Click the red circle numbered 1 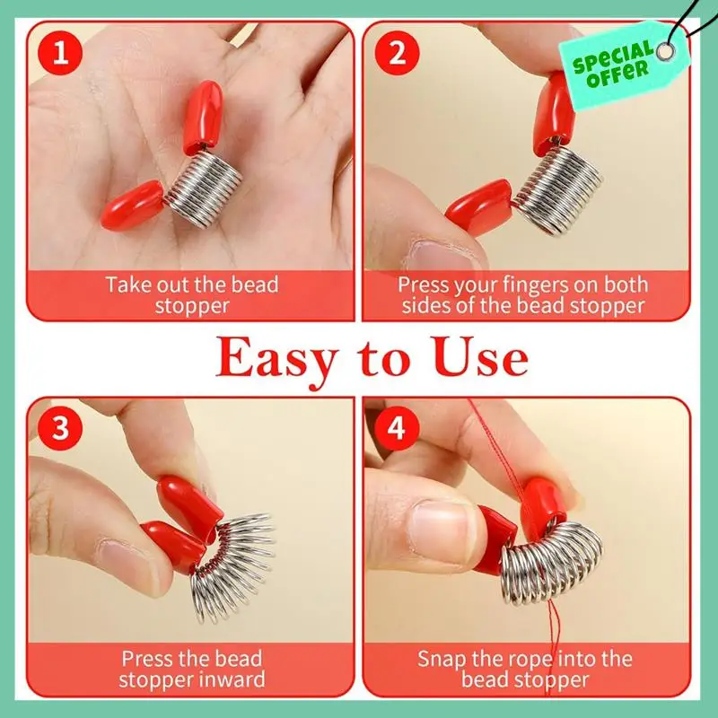(x=60, y=53)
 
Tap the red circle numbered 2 (x=397, y=53)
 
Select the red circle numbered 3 (x=60, y=428)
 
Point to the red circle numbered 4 (x=397, y=428)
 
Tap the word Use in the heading (x=479, y=357)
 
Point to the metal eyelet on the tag (x=665, y=51)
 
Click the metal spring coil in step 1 (x=205, y=188)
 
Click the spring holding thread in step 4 (x=552, y=562)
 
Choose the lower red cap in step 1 (x=132, y=205)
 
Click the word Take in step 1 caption (x=127, y=285)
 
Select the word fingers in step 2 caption (x=530, y=285)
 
